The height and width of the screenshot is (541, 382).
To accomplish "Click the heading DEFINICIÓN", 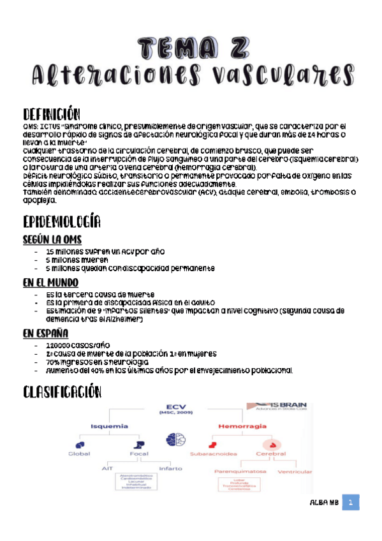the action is pyautogui.click(x=52, y=114).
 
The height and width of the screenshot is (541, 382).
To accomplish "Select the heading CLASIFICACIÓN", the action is pyautogui.click(x=61, y=390).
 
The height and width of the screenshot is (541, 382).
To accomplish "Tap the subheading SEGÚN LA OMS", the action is pyautogui.click(x=52, y=239).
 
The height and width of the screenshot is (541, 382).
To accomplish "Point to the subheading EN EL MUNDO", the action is pyautogui.click(x=50, y=282).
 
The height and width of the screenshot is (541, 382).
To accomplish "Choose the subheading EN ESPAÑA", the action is pyautogui.click(x=46, y=333).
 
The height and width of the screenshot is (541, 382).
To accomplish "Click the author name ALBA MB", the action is pyautogui.click(x=323, y=504).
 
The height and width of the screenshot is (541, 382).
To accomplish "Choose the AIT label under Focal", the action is pyautogui.click(x=107, y=468).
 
